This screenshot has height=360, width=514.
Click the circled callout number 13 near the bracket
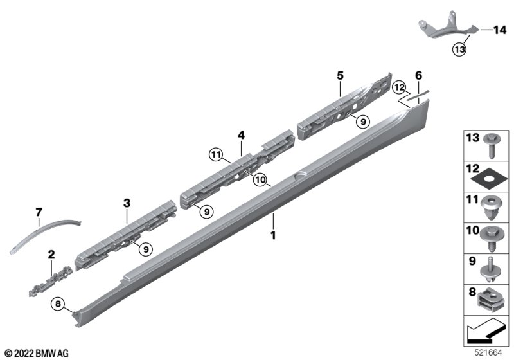pos(459,50)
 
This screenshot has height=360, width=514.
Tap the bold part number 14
pos(500,30)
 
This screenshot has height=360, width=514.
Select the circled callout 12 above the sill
pos(399,87)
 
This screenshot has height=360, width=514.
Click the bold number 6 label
pos(419,75)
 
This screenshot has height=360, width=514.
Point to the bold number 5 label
pos(341,76)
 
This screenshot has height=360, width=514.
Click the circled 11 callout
pos(216,154)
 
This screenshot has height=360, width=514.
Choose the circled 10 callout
pos(260,179)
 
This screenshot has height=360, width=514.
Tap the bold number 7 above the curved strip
pos(39,212)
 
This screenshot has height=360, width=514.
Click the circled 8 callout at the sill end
pos(58,304)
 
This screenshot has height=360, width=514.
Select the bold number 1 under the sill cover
pos(272,235)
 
